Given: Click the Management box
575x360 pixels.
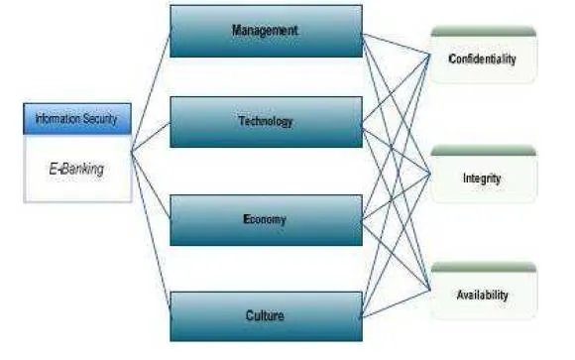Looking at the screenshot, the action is point(267,31).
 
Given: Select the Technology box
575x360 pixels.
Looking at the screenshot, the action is point(267,122).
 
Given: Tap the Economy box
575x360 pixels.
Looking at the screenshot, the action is point(267,220).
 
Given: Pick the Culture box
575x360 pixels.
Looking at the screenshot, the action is point(267,316).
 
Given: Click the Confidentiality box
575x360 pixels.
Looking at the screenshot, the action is point(484,55).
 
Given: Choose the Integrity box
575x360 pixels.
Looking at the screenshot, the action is point(484,174).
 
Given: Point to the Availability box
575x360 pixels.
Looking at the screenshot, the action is point(484,291).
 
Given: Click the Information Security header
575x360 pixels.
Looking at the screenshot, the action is point(77,119).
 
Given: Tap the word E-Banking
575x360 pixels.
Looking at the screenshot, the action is point(76,169).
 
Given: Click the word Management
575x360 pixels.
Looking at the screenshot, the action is point(265,30).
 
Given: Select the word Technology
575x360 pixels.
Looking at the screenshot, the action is point(266,121).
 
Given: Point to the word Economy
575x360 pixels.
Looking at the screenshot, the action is point(265,219).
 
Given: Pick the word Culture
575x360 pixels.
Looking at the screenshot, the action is point(265,315).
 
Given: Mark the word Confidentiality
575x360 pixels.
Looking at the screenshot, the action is point(482,59).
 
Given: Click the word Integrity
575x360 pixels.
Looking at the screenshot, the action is point(482,179).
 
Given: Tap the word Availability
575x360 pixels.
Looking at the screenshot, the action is point(482,295).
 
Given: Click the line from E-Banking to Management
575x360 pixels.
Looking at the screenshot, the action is point(151,92).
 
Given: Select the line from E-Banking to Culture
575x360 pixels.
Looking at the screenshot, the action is point(151,234).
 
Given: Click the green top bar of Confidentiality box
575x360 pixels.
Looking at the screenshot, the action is point(484,32).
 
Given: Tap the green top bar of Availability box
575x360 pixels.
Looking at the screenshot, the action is point(484,267).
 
